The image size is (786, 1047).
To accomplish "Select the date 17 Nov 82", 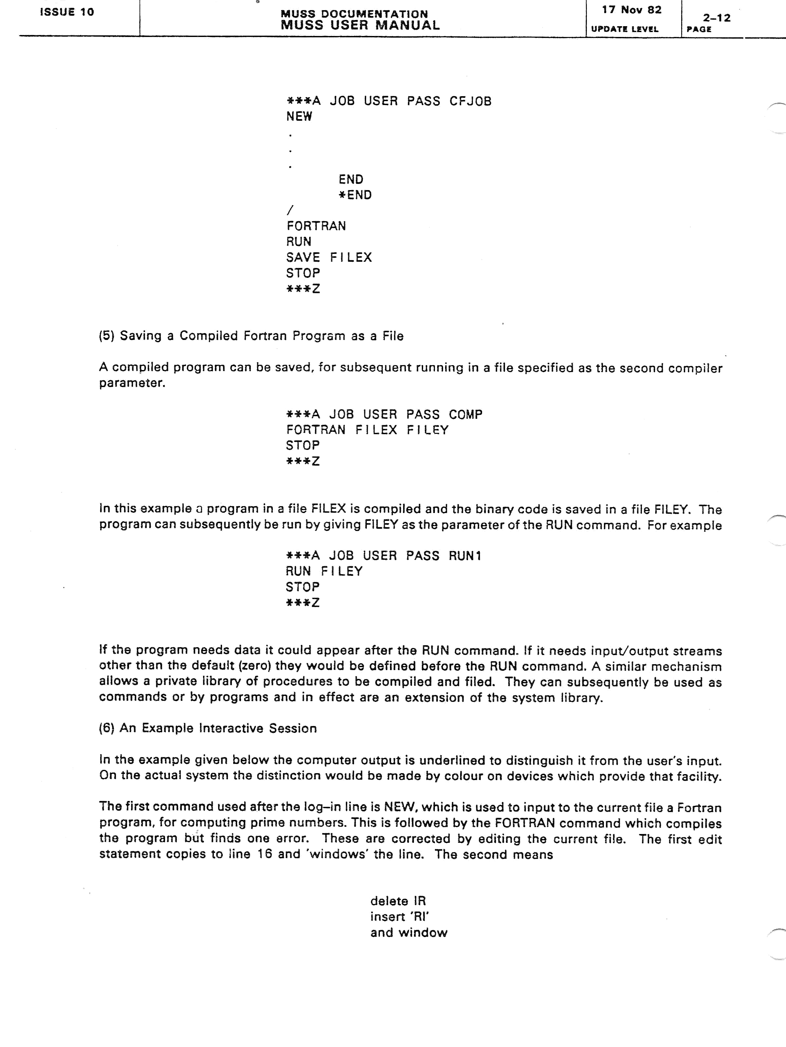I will click(x=631, y=10).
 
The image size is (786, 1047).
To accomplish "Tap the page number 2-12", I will click(x=716, y=18).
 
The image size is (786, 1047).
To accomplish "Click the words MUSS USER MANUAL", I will click(x=360, y=25).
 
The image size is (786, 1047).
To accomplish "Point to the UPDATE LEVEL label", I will click(x=625, y=29).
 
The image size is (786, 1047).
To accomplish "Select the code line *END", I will click(x=355, y=195).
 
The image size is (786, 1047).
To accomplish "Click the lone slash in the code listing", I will click(x=290, y=210).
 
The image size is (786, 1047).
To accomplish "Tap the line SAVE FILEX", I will click(x=329, y=257).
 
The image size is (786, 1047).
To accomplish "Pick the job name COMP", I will click(x=465, y=414).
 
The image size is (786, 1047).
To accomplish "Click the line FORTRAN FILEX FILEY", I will click(x=367, y=430).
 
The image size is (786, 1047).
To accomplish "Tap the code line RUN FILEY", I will click(x=324, y=571).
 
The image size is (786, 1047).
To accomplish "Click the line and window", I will click(x=408, y=932).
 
